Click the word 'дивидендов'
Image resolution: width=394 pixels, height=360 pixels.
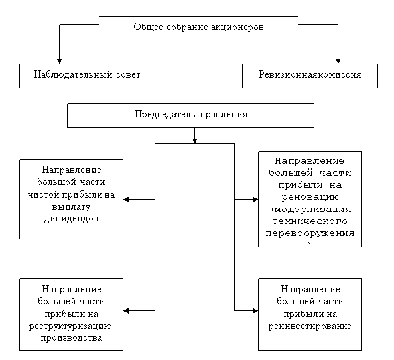point(71,219)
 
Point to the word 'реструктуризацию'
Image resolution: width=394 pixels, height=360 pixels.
point(70,326)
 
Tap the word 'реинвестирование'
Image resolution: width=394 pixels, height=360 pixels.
point(310,326)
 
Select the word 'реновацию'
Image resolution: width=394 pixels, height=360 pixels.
point(310,196)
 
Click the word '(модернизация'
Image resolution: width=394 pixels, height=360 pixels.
point(311,209)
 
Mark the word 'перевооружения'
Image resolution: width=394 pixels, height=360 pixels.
point(310,233)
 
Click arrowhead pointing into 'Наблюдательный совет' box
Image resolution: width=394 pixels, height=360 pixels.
point(59,61)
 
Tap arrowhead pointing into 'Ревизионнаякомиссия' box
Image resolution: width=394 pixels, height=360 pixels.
point(338,61)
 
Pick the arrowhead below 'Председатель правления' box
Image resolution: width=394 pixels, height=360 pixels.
point(194,141)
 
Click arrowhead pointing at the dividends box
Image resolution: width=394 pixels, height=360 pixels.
point(126,200)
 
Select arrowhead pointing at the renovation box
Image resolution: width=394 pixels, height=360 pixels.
point(255,200)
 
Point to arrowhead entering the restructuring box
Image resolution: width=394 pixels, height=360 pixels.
point(126,311)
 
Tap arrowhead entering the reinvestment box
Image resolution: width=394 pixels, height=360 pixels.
point(255,311)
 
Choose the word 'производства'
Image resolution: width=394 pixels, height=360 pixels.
point(72,338)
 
